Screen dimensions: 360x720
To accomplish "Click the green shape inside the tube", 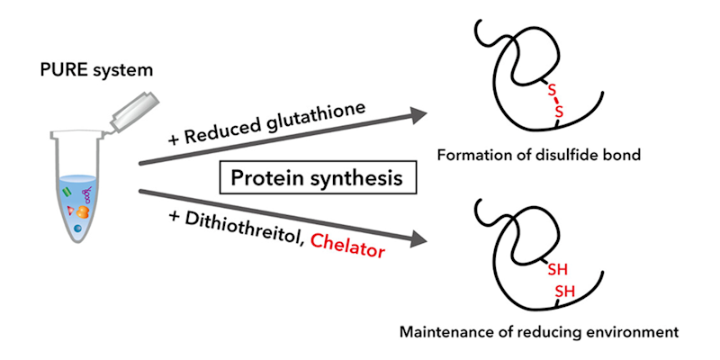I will coord(67,191).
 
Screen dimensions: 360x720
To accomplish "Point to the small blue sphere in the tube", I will coord(77,229).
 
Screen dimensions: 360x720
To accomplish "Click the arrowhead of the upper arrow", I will coord(415,114).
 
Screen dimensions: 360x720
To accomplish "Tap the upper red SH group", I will coord(557,267).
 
